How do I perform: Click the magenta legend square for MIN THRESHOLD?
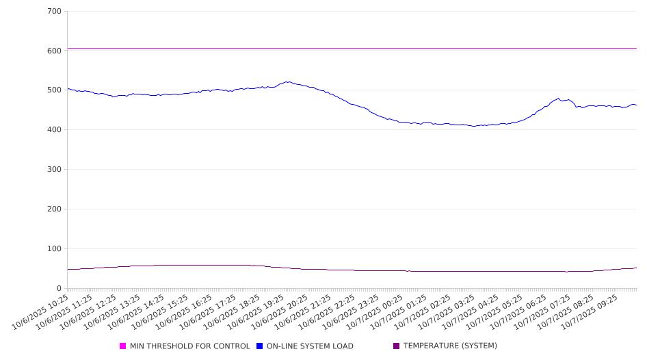tap(123, 346)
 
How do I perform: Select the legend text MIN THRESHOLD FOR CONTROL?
tap(189, 346)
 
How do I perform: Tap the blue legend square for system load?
tap(260, 346)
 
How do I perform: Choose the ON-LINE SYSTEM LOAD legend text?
tap(310, 346)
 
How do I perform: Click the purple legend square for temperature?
tap(397, 346)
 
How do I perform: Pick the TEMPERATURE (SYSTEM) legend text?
tap(450, 346)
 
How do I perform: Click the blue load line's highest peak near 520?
tap(288, 82)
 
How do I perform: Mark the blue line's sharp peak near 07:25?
tap(559, 99)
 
